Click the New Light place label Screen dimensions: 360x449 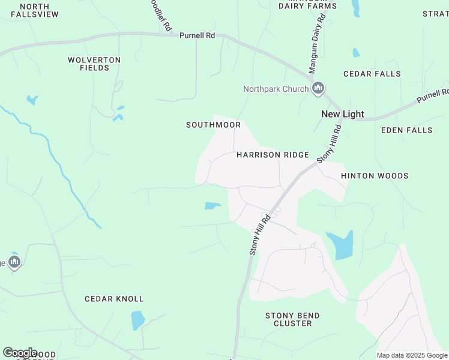pyautogui.click(x=343, y=114)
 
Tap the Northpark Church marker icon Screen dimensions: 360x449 pyautogui.click(x=318, y=89)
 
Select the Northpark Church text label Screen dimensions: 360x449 pyautogui.click(x=276, y=89)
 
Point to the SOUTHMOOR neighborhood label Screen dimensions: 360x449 pyautogui.click(x=213, y=125)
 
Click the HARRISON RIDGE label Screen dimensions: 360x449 pyautogui.click(x=273, y=155)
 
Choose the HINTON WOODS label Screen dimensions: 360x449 pyautogui.click(x=375, y=176)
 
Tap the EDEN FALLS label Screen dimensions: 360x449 pyautogui.click(x=406, y=130)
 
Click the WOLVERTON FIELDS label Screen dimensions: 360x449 pyautogui.click(x=94, y=64)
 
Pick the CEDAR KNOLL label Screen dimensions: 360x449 pyautogui.click(x=114, y=299)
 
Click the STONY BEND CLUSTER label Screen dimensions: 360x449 pyautogui.click(x=292, y=319)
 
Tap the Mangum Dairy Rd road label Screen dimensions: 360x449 pyautogui.click(x=316, y=44)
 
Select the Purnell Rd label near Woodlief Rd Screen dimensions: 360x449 pyautogui.click(x=197, y=35)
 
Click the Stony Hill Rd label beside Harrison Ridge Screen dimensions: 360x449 pyautogui.click(x=329, y=145)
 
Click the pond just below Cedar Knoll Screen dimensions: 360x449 pyautogui.click(x=138, y=320)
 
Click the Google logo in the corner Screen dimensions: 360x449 pyautogui.click(x=19, y=353)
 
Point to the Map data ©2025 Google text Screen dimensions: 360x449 pyautogui.click(x=412, y=355)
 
